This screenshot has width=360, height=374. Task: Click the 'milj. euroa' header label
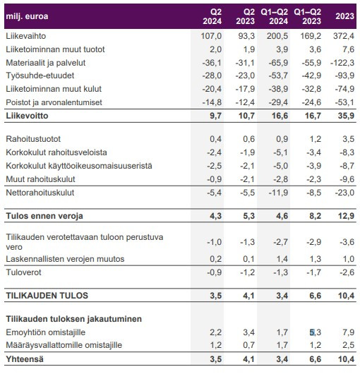point(27,16)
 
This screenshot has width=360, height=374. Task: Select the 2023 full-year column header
point(344,16)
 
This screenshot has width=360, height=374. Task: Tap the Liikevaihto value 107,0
point(211,36)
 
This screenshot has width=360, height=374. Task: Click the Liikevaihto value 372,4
point(344,36)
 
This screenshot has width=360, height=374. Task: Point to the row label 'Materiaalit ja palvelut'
point(46,63)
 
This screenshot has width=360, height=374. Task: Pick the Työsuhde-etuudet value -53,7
point(278,76)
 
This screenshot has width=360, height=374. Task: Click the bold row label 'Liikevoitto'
point(27,116)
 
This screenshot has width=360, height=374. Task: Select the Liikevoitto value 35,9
point(346,116)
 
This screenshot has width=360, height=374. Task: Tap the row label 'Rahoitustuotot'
point(33,139)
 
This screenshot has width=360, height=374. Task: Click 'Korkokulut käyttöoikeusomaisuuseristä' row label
point(79,166)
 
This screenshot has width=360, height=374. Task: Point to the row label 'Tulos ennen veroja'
point(44,216)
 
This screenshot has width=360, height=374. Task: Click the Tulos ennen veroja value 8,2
point(315,216)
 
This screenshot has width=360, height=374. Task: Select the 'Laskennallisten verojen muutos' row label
point(65,259)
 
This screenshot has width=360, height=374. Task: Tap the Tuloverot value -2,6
point(347,272)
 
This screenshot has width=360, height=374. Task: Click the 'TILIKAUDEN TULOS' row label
point(47,296)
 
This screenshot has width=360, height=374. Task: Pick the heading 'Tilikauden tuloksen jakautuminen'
point(73,319)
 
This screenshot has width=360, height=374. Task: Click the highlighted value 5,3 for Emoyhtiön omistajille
point(315,332)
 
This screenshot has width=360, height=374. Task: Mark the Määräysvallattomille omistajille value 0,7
point(249,345)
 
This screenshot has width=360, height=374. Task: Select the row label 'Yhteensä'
point(25,359)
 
